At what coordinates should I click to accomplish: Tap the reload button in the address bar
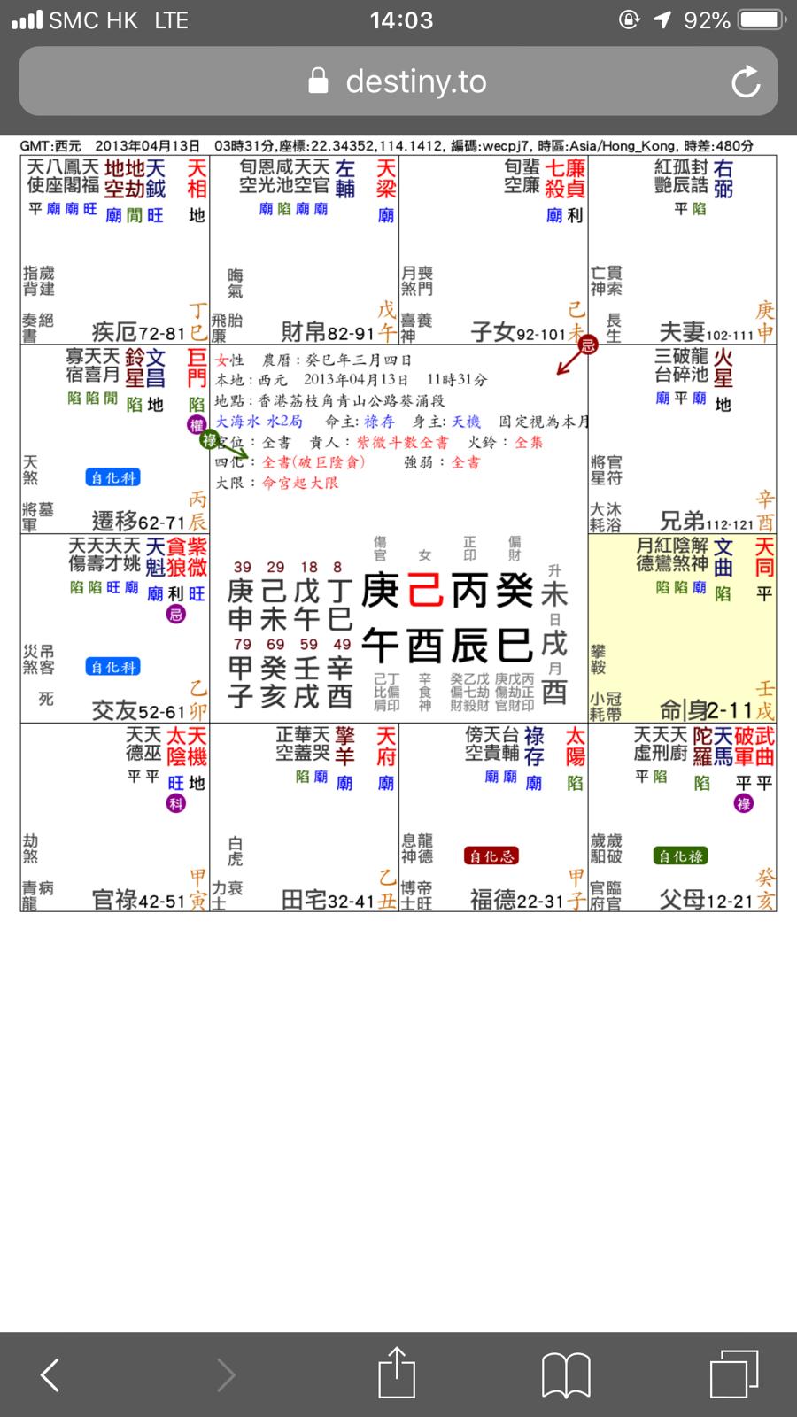click(746, 82)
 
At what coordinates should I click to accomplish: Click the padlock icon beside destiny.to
click(318, 82)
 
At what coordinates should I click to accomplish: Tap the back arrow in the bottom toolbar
click(50, 1374)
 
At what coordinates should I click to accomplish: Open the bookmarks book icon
click(566, 1374)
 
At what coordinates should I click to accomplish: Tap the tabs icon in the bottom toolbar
click(734, 1374)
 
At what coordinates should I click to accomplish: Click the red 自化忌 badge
click(491, 856)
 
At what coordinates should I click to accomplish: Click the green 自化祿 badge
click(680, 856)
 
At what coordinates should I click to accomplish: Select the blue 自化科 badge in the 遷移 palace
click(113, 477)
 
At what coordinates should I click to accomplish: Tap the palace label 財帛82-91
click(328, 333)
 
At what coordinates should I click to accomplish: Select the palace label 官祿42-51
click(138, 901)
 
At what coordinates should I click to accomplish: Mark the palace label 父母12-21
click(706, 901)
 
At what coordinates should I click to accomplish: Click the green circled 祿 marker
click(210, 440)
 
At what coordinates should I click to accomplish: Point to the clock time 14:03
click(401, 20)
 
